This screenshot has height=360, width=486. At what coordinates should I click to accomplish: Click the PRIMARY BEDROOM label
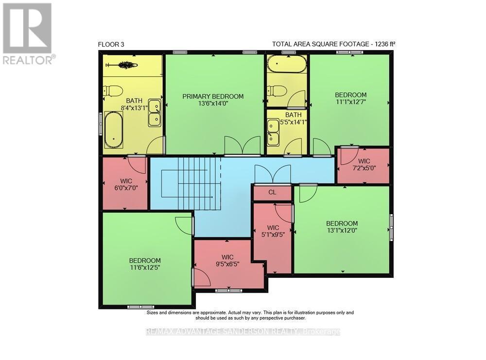[x=213, y=96]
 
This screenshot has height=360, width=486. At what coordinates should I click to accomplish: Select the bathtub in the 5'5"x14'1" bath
[x=287, y=64]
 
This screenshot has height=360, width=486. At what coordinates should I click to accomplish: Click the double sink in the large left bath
[x=155, y=113]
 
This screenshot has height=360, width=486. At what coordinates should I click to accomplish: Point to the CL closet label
[x=272, y=192]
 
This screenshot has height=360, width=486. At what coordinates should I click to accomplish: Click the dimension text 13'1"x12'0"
[x=342, y=230]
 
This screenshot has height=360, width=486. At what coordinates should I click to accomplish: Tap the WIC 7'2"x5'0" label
[x=364, y=165]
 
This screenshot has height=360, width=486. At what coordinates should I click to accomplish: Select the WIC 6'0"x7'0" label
[x=126, y=184]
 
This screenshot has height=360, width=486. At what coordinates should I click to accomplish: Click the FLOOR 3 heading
[x=111, y=44]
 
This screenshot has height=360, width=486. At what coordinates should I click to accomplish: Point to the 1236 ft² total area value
[x=385, y=44]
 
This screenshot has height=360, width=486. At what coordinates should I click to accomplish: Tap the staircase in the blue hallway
[x=191, y=184]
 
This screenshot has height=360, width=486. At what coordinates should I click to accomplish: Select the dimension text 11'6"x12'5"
[x=145, y=267]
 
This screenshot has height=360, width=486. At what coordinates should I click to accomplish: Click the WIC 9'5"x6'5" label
[x=227, y=260]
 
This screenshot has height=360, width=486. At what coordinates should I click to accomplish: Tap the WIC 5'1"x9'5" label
[x=273, y=231]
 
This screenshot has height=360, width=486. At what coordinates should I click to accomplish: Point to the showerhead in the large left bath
[x=121, y=65]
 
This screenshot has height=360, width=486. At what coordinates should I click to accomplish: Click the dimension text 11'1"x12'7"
[x=350, y=102]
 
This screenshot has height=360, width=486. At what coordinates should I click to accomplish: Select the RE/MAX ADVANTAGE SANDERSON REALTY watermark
[x=243, y=332]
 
